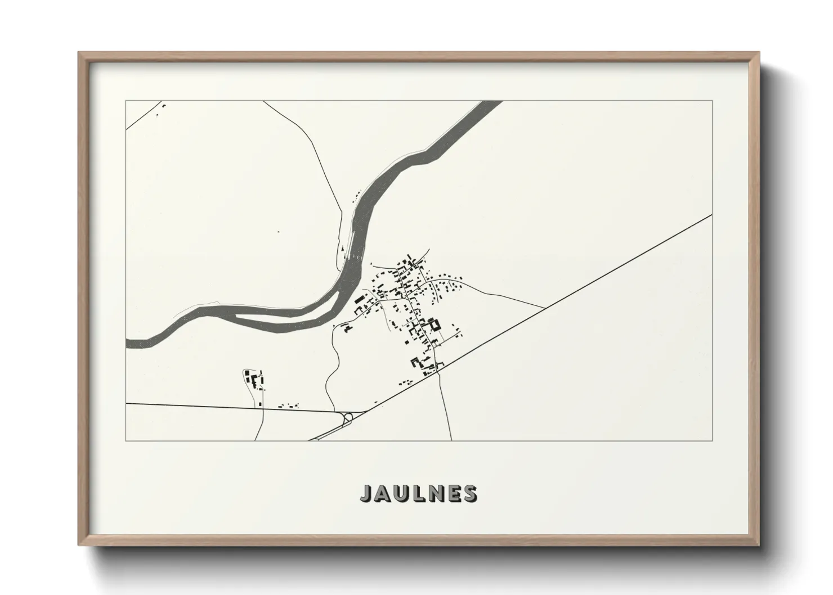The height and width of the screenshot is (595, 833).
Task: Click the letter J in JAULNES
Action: coord(366,493)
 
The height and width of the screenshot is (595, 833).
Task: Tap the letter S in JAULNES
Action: coord(469,493)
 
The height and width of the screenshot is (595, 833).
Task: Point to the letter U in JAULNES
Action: coord(398,493)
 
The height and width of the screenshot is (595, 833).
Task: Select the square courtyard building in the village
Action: coord(434,325)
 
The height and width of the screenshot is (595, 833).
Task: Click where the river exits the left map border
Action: coord(127,343)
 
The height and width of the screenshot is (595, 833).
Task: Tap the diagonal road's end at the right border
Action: coord(712,215)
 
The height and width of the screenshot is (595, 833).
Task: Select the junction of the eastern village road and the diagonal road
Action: coord(545,308)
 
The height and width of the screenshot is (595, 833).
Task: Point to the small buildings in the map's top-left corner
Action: coord(162,107)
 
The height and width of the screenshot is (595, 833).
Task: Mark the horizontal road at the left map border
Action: coord(127,403)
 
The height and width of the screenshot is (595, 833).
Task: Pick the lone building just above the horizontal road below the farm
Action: coord(261,403)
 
